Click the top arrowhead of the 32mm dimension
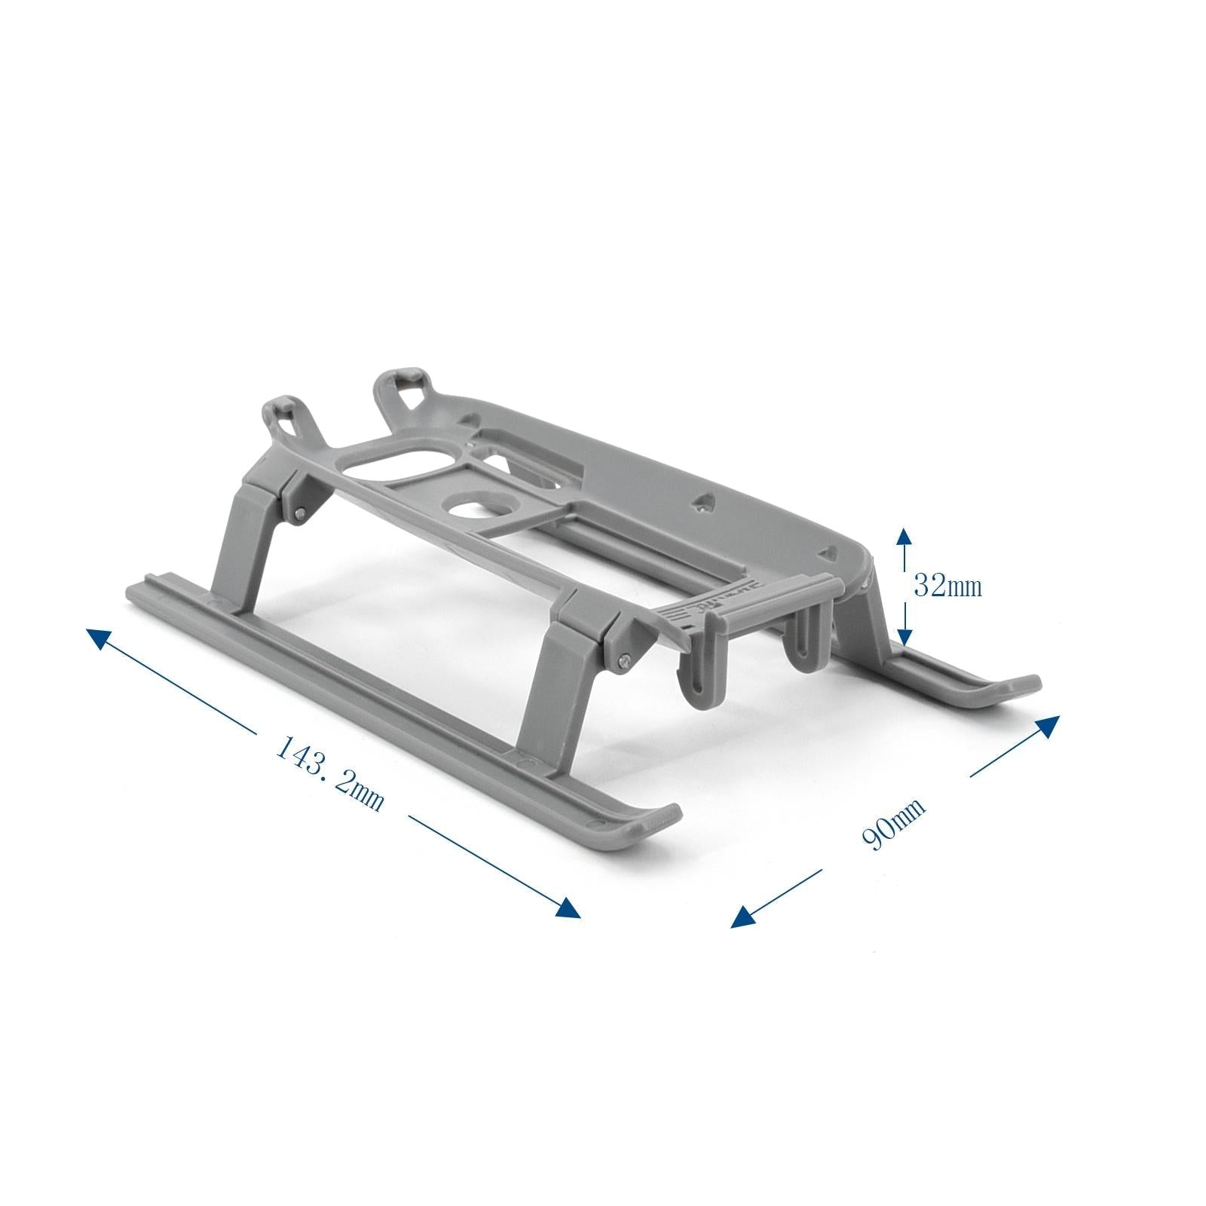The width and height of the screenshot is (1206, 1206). pos(904,537)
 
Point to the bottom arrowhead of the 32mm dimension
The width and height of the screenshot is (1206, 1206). pos(904,638)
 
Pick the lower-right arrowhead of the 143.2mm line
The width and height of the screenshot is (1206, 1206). pos(569,908)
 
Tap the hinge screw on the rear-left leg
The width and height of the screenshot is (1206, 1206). pos(301,513)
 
